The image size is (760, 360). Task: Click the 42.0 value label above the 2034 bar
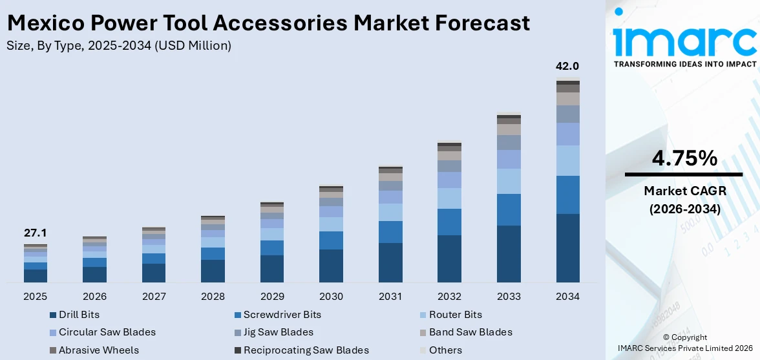(567, 66)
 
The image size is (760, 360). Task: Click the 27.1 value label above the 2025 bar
(35, 233)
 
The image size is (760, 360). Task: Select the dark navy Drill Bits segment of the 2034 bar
(567, 248)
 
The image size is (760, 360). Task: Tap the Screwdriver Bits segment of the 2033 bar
(509, 209)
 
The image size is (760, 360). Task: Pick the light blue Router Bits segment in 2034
(567, 160)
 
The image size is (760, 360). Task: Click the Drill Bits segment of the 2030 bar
(331, 266)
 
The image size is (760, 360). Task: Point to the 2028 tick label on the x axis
(213, 297)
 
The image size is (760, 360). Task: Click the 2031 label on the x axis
(390, 297)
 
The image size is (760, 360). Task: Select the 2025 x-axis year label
(35, 297)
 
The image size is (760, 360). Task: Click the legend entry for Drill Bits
(79, 315)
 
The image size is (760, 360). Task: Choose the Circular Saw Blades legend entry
(107, 332)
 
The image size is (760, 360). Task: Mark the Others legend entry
(445, 350)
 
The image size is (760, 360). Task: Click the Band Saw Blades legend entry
(470, 332)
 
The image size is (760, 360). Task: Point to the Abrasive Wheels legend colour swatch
(53, 350)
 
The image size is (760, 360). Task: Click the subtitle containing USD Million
(119, 46)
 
